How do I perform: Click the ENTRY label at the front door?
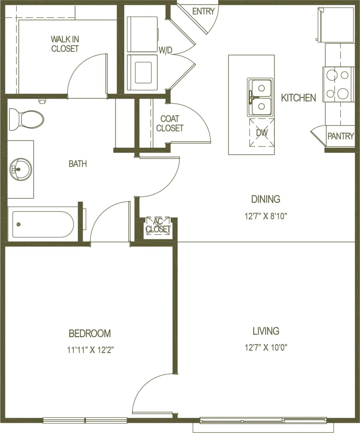tap(203, 11)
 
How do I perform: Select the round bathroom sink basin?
tap(20, 169)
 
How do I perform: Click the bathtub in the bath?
tap(43, 224)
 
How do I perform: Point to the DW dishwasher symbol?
tap(262, 133)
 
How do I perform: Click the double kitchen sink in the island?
tap(260, 97)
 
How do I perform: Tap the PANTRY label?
tap(340, 136)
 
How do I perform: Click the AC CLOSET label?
tap(158, 225)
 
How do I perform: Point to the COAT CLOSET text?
tap(170, 123)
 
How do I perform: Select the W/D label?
tap(165, 50)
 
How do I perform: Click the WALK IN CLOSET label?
tap(65, 44)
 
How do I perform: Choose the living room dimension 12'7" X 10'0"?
tap(266, 347)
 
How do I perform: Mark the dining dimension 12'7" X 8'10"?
tap(266, 216)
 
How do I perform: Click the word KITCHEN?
tap(298, 98)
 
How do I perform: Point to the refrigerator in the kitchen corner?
tap(335, 25)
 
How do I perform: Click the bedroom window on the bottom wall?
tap(85, 420)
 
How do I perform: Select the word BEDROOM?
tap(90, 333)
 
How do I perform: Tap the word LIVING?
tap(266, 331)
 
